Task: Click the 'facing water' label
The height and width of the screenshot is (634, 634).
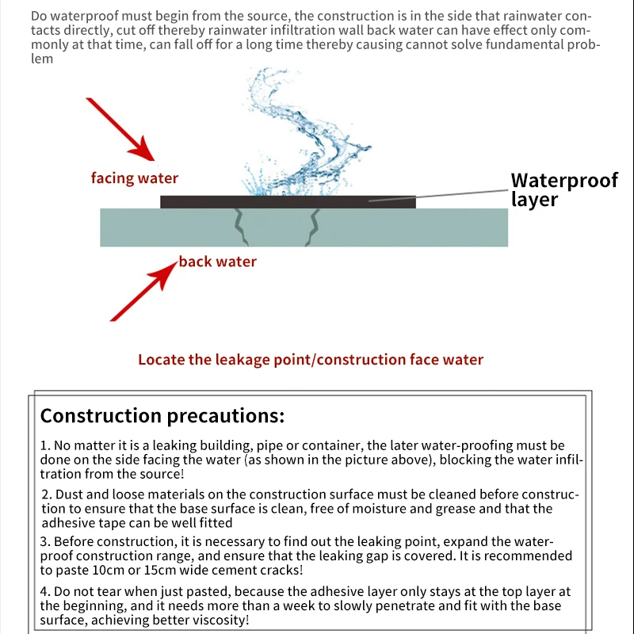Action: point(135,178)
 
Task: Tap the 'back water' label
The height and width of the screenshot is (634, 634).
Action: point(217,262)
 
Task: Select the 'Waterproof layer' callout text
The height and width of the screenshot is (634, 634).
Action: point(563,189)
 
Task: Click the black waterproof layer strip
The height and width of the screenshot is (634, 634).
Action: point(288,202)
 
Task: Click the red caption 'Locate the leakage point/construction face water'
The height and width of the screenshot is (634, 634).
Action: point(311,360)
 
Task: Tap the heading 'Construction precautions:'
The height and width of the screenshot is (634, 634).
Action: point(162,416)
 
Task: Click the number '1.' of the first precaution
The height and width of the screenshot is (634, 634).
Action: point(45,447)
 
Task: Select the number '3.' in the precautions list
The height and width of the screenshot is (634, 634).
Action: point(45,542)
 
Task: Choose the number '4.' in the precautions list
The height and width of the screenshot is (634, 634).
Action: point(45,592)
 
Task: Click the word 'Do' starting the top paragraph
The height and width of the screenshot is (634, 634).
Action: point(39,17)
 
